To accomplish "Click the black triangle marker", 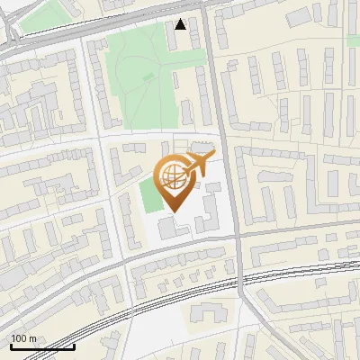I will [x=181, y=24].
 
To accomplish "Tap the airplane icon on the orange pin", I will [x=200, y=163].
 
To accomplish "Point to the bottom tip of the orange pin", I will [x=175, y=212].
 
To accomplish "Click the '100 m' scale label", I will [x=23, y=338].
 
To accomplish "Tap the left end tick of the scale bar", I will [x=11, y=345].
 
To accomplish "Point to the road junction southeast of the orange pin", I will [x=239, y=236].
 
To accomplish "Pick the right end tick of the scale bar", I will [x=74, y=345].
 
